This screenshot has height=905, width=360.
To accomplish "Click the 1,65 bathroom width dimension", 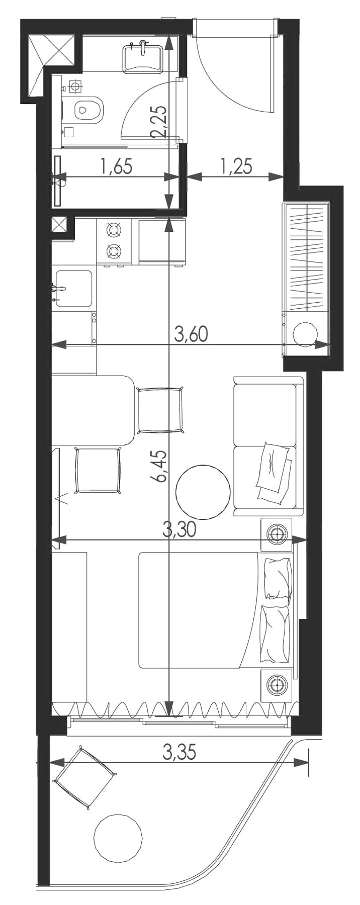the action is (x=117, y=165).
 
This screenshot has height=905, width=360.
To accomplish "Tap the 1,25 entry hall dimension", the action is (x=236, y=165).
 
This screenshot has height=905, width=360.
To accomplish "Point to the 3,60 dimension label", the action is (x=191, y=334).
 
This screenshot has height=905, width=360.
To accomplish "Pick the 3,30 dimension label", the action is (x=179, y=528).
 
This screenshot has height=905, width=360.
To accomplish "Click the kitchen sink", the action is (x=74, y=289).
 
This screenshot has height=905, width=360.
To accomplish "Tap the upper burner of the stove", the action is (x=114, y=230).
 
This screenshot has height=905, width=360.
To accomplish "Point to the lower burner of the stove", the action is (x=114, y=250).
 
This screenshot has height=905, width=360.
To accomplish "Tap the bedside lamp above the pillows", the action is (x=276, y=534).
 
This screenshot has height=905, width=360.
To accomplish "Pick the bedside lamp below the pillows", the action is (x=276, y=684).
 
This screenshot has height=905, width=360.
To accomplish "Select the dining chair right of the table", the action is (x=159, y=409).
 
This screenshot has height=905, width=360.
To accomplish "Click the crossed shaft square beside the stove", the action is (x=59, y=225).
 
